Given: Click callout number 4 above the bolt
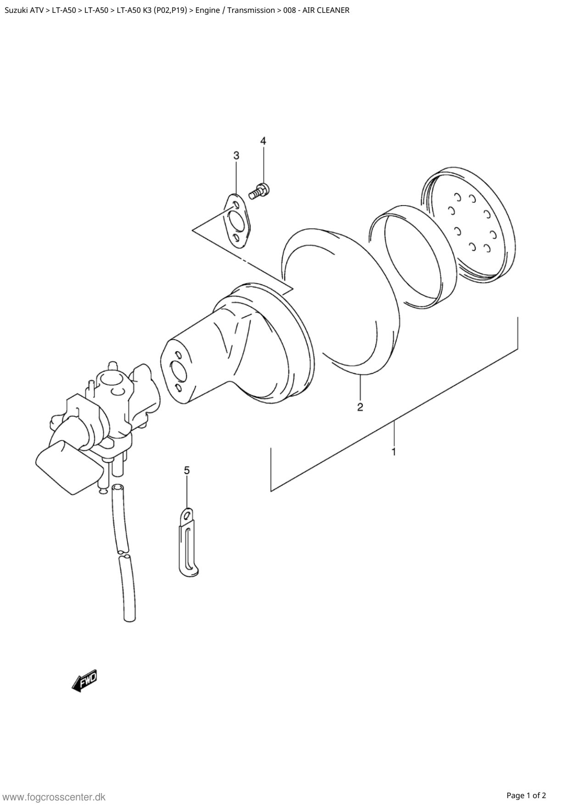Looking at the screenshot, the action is [x=263, y=141].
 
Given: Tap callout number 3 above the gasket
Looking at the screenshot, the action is [x=236, y=156].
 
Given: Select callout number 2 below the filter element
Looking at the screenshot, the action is [x=360, y=407].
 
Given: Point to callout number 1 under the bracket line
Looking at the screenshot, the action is [x=393, y=452].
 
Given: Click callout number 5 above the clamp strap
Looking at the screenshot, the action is [x=187, y=470].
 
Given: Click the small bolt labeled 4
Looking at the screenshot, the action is [x=261, y=190].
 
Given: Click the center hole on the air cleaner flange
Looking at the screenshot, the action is [x=179, y=372].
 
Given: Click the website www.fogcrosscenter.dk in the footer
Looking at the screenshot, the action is [x=54, y=797].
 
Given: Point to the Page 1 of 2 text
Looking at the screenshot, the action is [x=526, y=795].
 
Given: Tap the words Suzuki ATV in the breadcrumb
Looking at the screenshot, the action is [x=24, y=10].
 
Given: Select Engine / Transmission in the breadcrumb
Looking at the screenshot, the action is [x=235, y=10].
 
